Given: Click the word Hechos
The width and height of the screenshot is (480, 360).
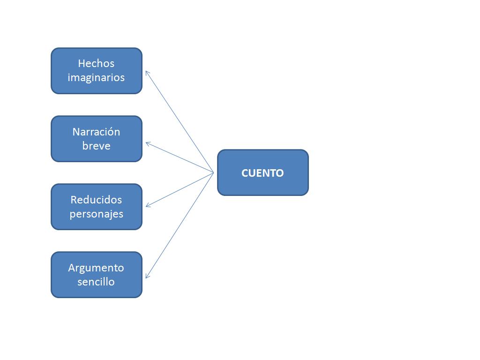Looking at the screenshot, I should click(96, 63).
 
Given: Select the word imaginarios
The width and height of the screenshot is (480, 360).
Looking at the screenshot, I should click(96, 77).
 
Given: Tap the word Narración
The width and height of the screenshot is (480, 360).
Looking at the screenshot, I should click(96, 132).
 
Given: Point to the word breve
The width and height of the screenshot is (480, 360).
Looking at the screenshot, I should click(96, 146).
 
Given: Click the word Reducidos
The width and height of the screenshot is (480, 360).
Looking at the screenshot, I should click(96, 200).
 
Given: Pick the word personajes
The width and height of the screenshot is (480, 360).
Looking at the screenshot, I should click(96, 214).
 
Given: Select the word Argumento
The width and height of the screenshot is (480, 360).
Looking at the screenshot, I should click(96, 268).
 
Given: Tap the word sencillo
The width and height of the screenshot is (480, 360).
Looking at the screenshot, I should click(96, 282).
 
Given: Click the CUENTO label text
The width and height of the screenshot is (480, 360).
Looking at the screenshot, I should click(262, 173).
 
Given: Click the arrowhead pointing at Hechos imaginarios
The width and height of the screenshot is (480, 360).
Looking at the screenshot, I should click(147, 72).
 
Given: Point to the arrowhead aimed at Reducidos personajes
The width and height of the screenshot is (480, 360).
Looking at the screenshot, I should click(147, 205).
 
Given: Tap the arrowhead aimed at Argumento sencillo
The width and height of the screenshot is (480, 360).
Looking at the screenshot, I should click(147, 277).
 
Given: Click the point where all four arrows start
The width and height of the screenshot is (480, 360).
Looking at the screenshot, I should click(214, 173).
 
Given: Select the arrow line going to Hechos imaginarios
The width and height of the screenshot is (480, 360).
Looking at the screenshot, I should click(180, 122).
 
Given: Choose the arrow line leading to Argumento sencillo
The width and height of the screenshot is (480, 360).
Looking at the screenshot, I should click(180, 225).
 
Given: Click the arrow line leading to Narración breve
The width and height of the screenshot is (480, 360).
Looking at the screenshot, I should click(180, 158).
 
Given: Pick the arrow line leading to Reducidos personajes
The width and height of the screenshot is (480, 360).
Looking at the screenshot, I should click(180, 189).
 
